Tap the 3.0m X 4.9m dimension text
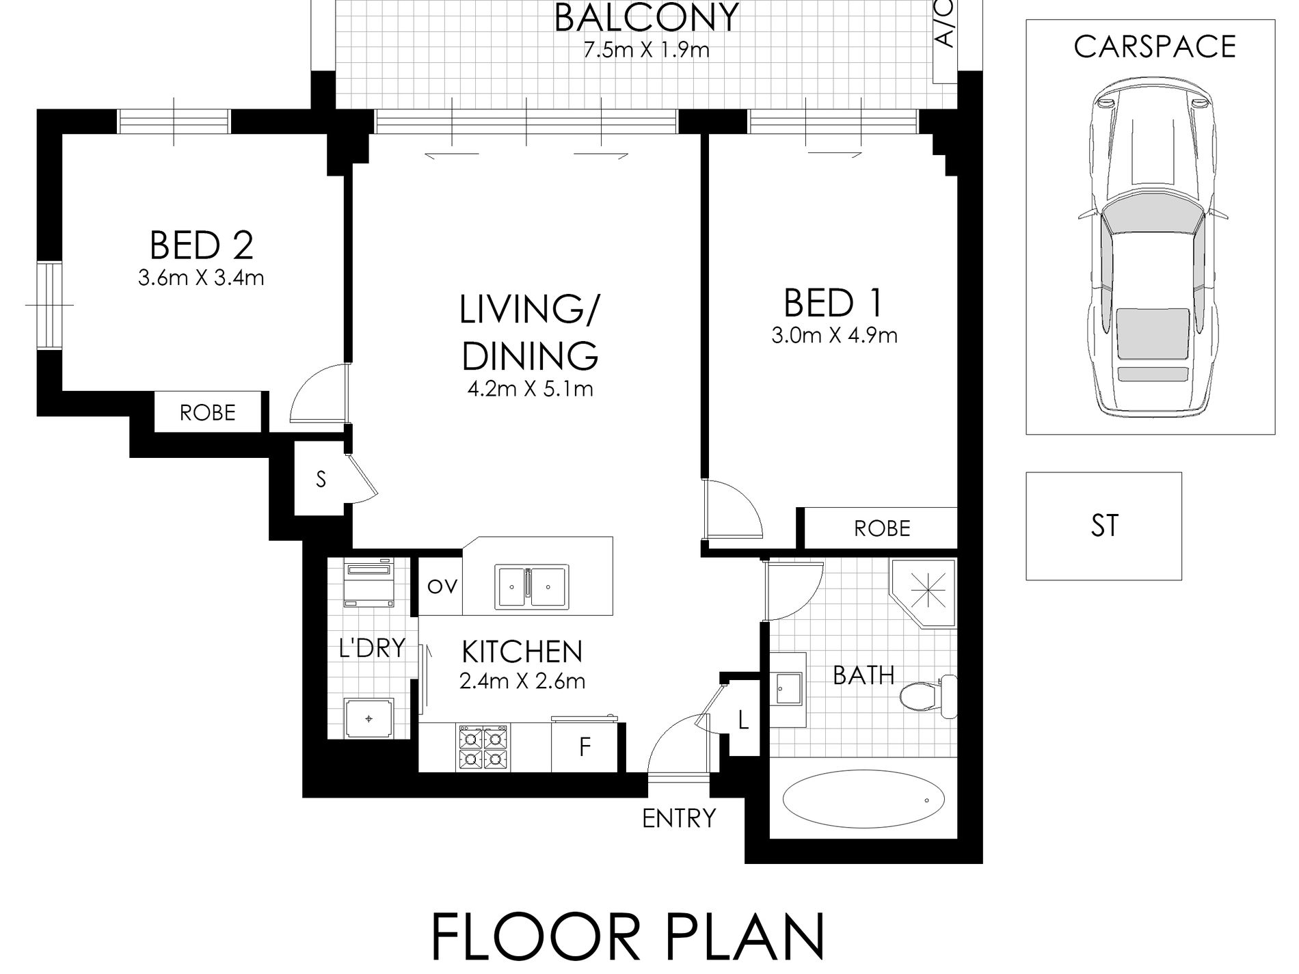tap(834, 336)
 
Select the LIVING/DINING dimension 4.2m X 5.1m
tap(530, 389)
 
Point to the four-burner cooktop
tap(483, 748)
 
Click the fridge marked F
tap(585, 746)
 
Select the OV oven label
tap(442, 586)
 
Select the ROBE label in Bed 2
tap(208, 412)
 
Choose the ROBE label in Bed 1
tap(882, 528)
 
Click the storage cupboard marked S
tap(321, 480)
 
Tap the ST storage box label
tap(1104, 526)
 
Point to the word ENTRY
tap(679, 817)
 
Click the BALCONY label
tap(646, 18)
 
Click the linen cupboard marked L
tap(744, 720)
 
